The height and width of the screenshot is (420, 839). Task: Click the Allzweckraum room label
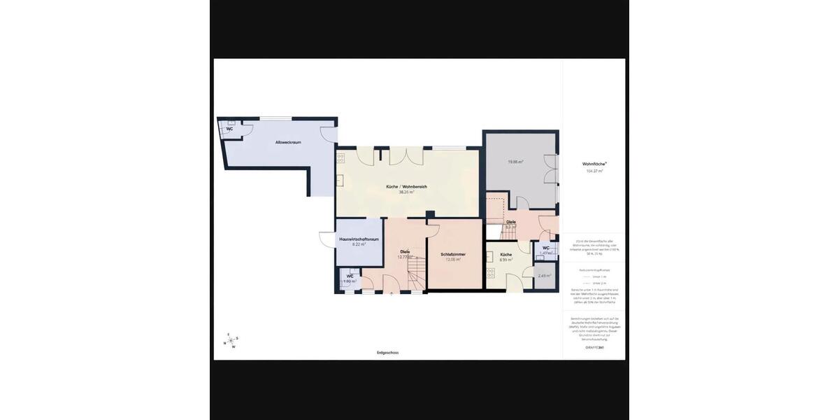click(x=288, y=142)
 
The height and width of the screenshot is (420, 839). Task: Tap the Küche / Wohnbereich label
click(x=406, y=186)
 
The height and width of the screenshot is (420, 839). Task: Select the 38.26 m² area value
click(x=406, y=192)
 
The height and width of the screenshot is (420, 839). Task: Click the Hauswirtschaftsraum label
click(x=359, y=239)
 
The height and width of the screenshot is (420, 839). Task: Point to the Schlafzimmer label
click(x=453, y=254)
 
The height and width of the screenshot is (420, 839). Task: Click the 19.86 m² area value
click(x=515, y=162)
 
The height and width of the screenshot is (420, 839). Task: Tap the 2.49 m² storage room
click(x=545, y=276)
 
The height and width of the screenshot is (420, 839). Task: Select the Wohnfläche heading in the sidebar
click(x=594, y=164)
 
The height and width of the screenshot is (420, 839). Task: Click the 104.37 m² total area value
click(x=594, y=171)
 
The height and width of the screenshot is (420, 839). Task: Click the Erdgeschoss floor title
click(x=387, y=353)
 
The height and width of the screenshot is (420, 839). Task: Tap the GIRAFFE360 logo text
click(x=594, y=347)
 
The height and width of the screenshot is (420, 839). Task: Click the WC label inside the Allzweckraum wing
click(x=229, y=129)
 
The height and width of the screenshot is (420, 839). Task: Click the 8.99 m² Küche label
click(x=506, y=255)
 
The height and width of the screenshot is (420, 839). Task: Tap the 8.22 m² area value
click(x=359, y=244)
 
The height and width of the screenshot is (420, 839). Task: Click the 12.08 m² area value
click(x=453, y=260)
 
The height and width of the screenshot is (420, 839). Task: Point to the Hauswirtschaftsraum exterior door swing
click(x=327, y=239)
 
